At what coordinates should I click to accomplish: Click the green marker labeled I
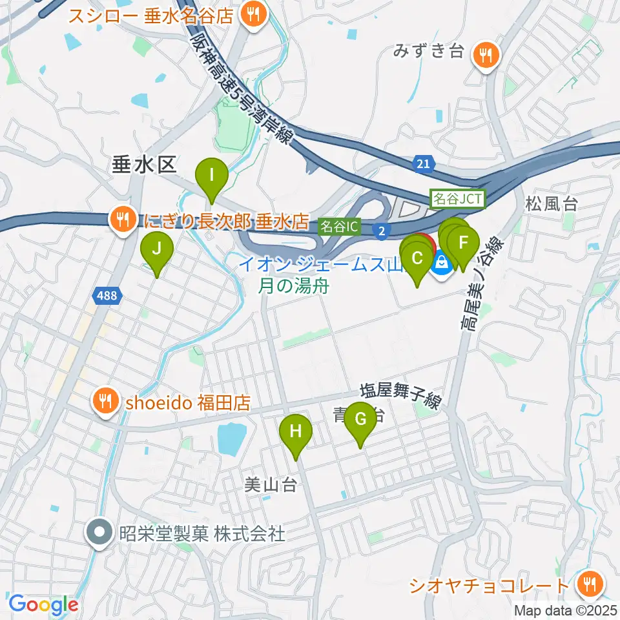tap(211, 174)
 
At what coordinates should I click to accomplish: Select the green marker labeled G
tap(360, 418)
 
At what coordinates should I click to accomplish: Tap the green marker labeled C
tap(417, 258)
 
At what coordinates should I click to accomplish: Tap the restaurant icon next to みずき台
tap(484, 54)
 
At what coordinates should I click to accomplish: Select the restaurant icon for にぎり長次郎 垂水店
tap(121, 218)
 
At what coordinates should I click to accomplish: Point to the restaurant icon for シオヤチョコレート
tap(589, 585)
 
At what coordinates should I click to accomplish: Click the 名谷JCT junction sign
tap(457, 199)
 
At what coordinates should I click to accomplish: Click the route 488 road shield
tap(105, 296)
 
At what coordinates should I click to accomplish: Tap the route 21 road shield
tap(422, 166)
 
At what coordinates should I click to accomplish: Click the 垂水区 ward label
tap(144, 165)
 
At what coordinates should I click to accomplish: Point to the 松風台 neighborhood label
tap(551, 205)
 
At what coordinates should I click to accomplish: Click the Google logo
tap(43, 604)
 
